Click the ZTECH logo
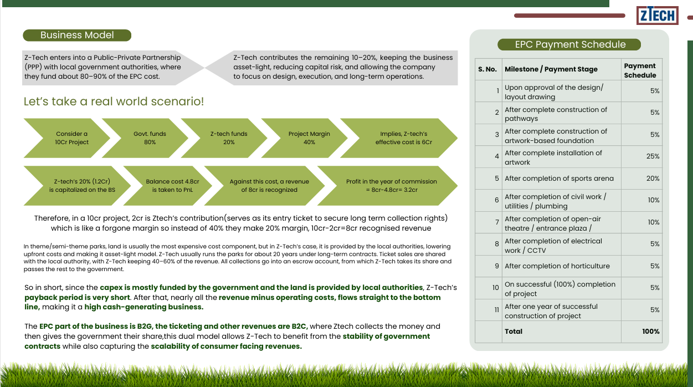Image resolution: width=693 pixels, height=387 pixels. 658,15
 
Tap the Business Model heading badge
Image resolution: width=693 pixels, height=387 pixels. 77,35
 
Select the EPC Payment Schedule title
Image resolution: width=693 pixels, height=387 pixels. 569,44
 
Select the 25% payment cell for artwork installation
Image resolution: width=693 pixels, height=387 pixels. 641,157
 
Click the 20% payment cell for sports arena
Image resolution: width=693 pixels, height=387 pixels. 641,179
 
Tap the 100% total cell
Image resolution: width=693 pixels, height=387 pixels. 641,332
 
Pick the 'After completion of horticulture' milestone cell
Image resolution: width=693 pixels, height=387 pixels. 562,266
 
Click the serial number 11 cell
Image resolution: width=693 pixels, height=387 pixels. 489,310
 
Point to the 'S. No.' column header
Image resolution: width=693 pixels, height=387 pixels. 487,69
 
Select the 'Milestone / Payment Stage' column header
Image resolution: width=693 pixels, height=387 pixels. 551,69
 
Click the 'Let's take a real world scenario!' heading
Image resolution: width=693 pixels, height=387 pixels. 114,101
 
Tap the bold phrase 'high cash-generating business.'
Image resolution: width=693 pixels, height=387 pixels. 144,307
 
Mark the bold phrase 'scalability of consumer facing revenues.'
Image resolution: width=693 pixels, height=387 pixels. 226,346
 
